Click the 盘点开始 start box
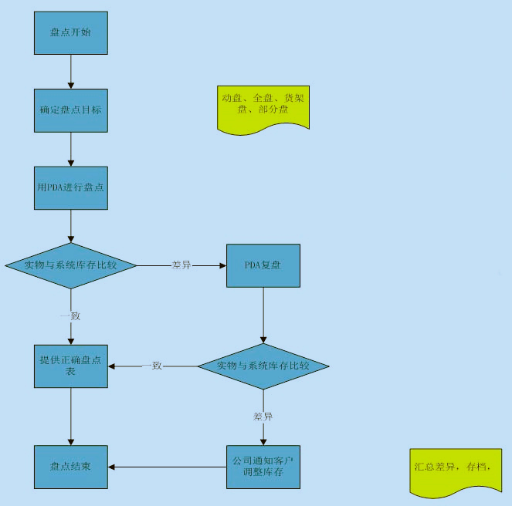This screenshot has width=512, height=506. click(x=71, y=33)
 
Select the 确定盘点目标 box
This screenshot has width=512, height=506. click(x=71, y=110)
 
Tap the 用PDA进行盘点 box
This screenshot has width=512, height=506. click(x=71, y=187)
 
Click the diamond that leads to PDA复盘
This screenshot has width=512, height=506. click(x=71, y=265)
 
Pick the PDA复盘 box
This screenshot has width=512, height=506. click(x=263, y=265)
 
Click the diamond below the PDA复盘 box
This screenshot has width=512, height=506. click(x=263, y=365)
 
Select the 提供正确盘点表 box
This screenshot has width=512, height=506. click(x=71, y=366)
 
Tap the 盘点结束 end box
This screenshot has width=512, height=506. click(x=71, y=466)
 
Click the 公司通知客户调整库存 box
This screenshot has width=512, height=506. click(x=263, y=466)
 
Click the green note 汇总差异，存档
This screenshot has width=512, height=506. click(x=453, y=469)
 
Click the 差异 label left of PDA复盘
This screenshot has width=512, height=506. click(x=181, y=265)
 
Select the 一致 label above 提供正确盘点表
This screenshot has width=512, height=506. click(x=70, y=315)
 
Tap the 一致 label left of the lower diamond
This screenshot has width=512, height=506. click(x=152, y=366)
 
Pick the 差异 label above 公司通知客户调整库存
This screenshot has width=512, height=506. click(x=263, y=417)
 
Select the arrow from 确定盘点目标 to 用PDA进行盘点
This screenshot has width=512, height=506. click(x=71, y=149)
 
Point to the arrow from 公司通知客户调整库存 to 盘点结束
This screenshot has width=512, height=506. click(x=167, y=467)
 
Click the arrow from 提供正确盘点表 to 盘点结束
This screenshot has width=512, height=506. click(x=71, y=416)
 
